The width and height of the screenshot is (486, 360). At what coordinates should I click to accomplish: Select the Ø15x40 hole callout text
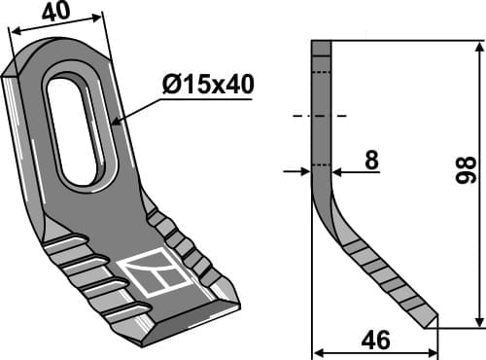[207, 86]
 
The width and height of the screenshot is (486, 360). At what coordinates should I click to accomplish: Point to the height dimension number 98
[466, 176]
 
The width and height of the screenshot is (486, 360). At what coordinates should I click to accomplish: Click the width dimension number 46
[374, 341]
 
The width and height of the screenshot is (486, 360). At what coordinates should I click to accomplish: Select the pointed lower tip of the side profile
[434, 324]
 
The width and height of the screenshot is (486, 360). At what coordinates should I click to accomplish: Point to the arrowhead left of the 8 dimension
[305, 171]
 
